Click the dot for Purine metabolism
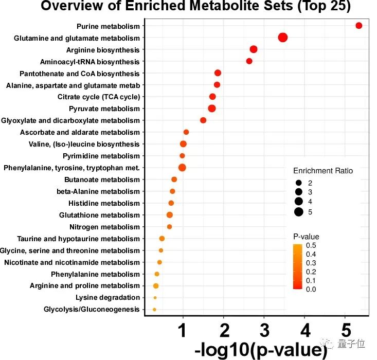(x=358, y=26)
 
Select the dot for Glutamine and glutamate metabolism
(x=282, y=37)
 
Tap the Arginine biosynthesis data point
(x=254, y=49)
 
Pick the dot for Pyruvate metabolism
(x=212, y=108)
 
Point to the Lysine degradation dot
(x=155, y=298)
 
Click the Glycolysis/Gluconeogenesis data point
(x=154, y=310)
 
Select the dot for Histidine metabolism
(x=171, y=203)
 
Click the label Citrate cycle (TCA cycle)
(x=99, y=97)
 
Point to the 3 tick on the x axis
(x=264, y=329)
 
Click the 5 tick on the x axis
(x=346, y=329)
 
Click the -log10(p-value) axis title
(x=261, y=350)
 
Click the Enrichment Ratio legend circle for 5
(x=298, y=211)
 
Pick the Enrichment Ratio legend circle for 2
(x=298, y=183)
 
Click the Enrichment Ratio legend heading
(x=323, y=171)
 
